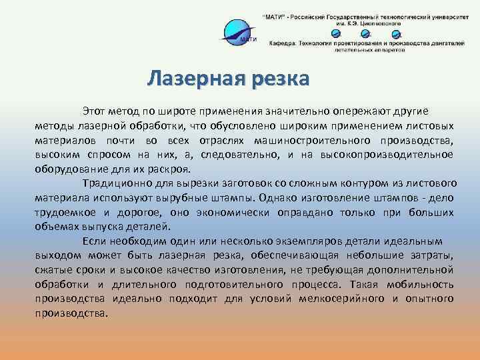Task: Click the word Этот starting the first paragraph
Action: [x=94, y=110]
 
